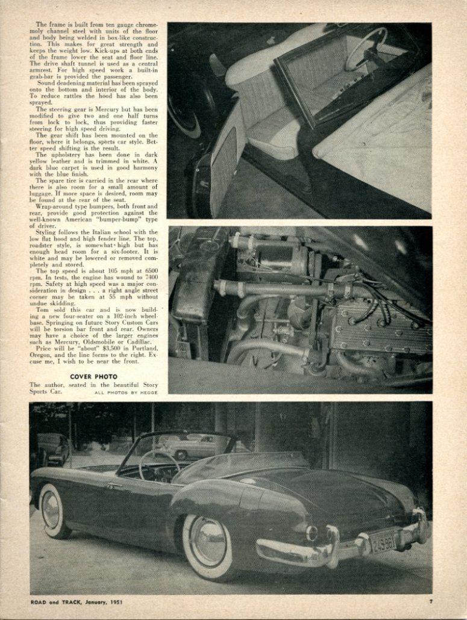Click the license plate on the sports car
click(384, 543)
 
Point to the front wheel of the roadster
click(53, 511)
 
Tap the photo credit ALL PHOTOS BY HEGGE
click(125, 392)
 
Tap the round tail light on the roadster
click(312, 533)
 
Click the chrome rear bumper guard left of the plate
click(332, 545)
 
